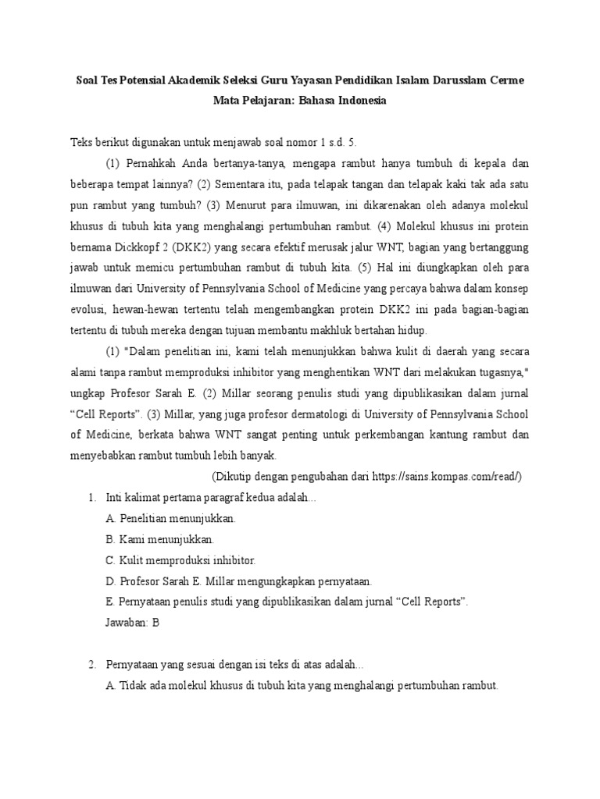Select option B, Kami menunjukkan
click(159, 539)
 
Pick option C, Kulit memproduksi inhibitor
click(180, 560)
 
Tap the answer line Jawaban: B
click(132, 623)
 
